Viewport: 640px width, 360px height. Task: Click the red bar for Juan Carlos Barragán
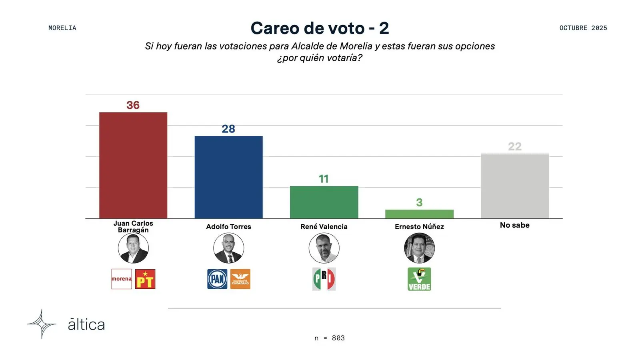[x=133, y=165]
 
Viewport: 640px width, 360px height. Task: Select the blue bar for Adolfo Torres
[x=228, y=177]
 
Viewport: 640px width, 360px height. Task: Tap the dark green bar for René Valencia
[x=324, y=202]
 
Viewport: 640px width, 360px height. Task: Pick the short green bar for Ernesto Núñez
[x=419, y=214]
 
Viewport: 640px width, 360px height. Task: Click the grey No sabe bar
[x=515, y=186]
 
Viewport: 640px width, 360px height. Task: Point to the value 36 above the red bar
[x=133, y=105]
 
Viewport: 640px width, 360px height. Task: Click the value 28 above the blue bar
[x=228, y=129]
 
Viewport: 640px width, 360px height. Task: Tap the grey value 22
[x=515, y=146]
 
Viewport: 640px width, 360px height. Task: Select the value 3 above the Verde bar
[x=419, y=202]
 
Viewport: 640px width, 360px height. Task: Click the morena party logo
[x=122, y=279]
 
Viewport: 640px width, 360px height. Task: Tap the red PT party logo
[x=145, y=279]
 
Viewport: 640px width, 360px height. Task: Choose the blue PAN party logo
[x=217, y=279]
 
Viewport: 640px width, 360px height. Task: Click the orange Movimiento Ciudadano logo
[x=240, y=279]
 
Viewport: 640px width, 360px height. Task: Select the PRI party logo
[x=324, y=279]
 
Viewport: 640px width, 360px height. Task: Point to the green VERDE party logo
[x=419, y=279]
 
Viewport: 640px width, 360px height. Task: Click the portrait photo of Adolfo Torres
[x=228, y=248]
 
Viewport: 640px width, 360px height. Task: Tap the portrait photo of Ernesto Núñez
[x=419, y=248]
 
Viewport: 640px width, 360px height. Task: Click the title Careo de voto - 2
[x=320, y=28]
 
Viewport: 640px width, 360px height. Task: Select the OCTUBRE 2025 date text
[x=583, y=28]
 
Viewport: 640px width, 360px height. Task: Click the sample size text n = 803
[x=330, y=338]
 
